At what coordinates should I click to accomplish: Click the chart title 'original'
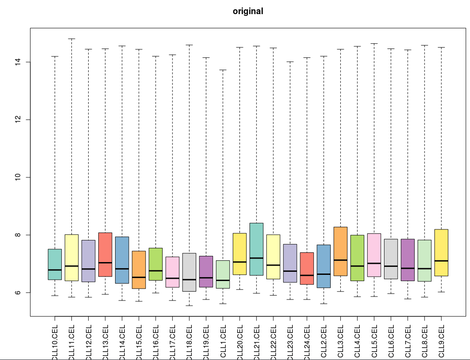click(248, 11)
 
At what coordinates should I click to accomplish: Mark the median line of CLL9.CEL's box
click(441, 261)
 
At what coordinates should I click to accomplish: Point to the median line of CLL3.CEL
click(340, 260)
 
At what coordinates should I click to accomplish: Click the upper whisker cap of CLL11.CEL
click(71, 39)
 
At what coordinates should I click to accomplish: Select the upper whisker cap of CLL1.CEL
click(223, 70)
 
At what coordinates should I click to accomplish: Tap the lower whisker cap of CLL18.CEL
click(189, 305)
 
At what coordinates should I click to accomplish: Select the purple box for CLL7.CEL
click(407, 254)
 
